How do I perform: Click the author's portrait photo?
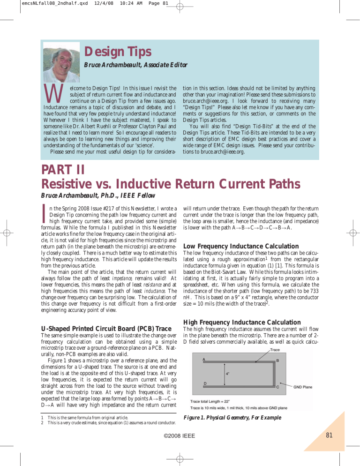(61, 61)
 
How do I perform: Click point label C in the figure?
(278, 387)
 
